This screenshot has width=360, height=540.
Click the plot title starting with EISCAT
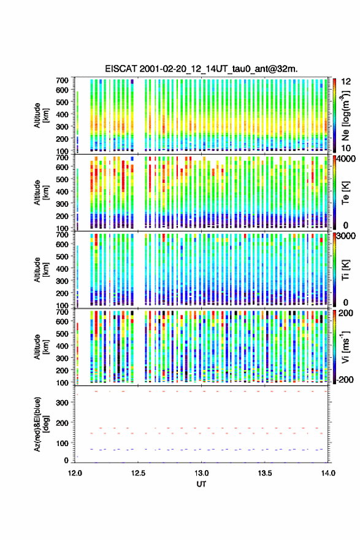tap(201, 69)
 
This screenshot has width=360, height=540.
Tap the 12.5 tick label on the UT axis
tap(138, 473)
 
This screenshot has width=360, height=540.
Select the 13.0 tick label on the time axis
tap(201, 473)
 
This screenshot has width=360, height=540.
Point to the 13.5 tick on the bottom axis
tap(265, 473)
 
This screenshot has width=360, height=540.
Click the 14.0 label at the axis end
tap(328, 473)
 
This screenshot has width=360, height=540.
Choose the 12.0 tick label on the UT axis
tap(75, 473)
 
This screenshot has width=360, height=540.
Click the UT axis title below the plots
tap(201, 484)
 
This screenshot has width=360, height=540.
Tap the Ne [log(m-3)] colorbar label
tap(345, 115)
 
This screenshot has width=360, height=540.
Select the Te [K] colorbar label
tap(345, 193)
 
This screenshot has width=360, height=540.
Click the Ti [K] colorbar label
tap(345, 269)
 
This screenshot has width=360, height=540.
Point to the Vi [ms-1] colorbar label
tap(345, 347)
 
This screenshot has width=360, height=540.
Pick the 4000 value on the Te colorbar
tap(347, 160)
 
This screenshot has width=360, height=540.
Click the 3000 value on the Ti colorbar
tap(347, 236)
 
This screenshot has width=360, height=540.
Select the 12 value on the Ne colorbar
tap(347, 82)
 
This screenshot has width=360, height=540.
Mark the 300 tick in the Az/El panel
tap(62, 403)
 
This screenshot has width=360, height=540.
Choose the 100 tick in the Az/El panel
tap(62, 443)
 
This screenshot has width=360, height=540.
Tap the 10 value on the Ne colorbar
tap(347, 148)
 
